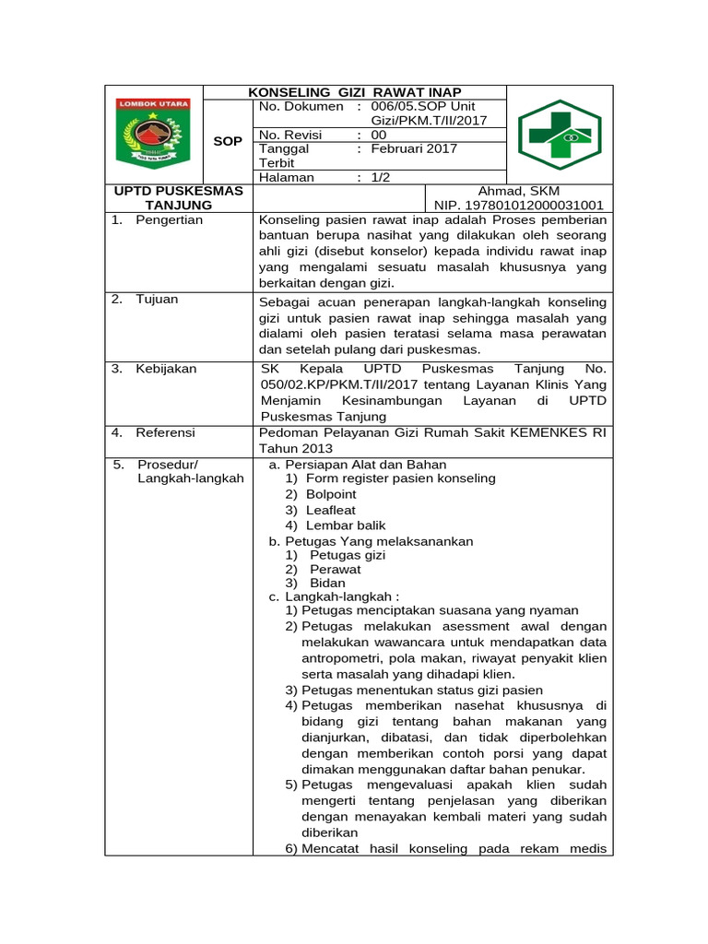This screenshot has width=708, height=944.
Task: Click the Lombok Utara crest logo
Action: click(153, 134)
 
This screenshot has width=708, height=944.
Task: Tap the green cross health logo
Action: click(559, 135)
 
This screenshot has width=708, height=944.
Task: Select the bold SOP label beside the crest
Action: click(228, 141)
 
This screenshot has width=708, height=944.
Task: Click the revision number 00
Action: click(378, 135)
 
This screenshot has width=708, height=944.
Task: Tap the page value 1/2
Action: click(381, 177)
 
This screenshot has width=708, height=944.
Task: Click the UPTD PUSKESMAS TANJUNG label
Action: click(178, 198)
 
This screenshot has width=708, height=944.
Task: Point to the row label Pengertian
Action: click(170, 220)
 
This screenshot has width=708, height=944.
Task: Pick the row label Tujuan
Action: click(158, 300)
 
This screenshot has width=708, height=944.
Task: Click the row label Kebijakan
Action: click(167, 369)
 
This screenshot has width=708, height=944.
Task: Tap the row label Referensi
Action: click(166, 432)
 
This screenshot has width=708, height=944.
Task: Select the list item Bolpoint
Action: click(331, 494)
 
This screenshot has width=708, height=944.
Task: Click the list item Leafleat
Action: click(331, 510)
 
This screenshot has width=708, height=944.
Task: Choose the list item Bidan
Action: click(327, 583)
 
